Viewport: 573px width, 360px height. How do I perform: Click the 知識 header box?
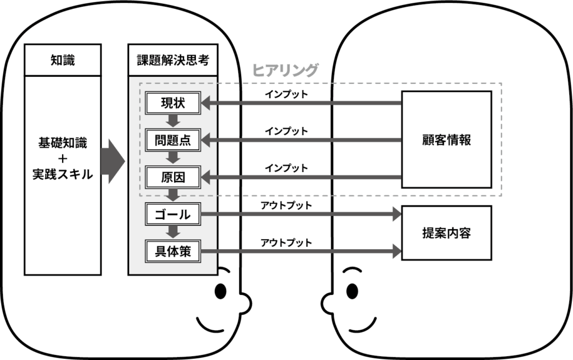[x=63, y=60]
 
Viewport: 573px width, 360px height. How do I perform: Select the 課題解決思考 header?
[x=173, y=60]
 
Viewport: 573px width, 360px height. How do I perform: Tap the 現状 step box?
[x=173, y=103]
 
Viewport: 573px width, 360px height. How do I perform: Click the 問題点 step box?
[x=173, y=141]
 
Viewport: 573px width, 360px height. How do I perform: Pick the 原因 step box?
[x=173, y=178]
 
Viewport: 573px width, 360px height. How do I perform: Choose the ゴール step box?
[x=173, y=214]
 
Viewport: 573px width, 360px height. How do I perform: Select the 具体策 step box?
[x=173, y=251]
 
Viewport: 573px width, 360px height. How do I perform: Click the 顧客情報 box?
[x=446, y=140]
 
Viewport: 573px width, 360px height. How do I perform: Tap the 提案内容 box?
[x=446, y=233]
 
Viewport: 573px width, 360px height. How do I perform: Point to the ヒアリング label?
[x=285, y=70]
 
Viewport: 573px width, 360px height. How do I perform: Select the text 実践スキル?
[x=63, y=175]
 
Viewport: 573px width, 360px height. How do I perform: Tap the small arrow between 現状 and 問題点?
[x=173, y=121]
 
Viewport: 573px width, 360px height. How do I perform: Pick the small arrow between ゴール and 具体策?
[x=173, y=232]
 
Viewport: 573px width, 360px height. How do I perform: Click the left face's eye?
[x=221, y=291]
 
